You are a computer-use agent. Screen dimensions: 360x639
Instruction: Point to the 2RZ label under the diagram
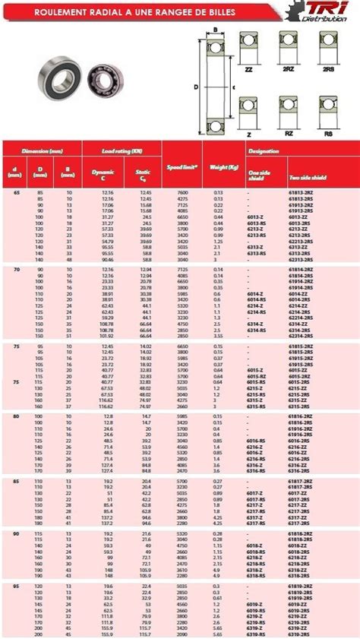click(288, 68)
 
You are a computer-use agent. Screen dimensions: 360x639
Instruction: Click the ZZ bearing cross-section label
click(248, 68)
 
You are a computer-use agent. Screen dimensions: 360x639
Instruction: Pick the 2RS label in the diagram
click(329, 68)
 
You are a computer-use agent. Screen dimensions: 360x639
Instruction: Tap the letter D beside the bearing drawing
click(197, 87)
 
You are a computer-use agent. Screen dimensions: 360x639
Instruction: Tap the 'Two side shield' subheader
click(307, 177)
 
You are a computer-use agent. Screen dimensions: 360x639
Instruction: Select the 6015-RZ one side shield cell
click(257, 375)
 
